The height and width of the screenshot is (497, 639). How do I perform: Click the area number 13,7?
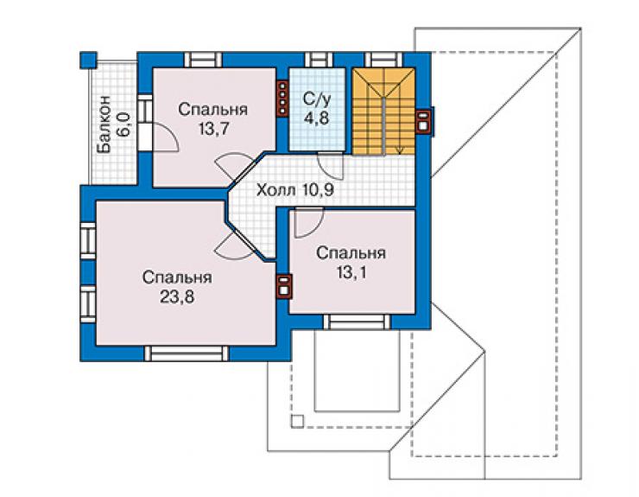[x=213, y=129]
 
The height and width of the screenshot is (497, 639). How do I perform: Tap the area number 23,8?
[x=177, y=297]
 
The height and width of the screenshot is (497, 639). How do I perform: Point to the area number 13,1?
[x=351, y=272]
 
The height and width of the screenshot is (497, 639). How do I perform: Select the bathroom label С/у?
[x=317, y=99]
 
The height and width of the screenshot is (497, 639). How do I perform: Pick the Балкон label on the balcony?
[x=105, y=124]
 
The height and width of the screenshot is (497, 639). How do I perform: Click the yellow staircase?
[x=383, y=111]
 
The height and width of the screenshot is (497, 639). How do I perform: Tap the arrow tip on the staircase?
[x=400, y=154]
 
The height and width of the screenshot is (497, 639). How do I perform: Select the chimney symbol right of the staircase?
[x=424, y=121]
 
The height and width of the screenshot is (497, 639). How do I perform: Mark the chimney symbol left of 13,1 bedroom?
[x=284, y=285]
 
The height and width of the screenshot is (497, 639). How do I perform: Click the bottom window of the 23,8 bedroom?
[x=187, y=354]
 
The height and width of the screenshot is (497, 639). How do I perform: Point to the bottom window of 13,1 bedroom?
[x=357, y=322]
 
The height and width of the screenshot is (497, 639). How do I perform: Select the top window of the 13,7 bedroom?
[x=203, y=60]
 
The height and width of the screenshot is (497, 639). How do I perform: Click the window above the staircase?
[x=380, y=60]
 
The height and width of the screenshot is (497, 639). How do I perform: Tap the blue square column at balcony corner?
[x=88, y=60]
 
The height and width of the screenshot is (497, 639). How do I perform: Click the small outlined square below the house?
[x=298, y=422]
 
